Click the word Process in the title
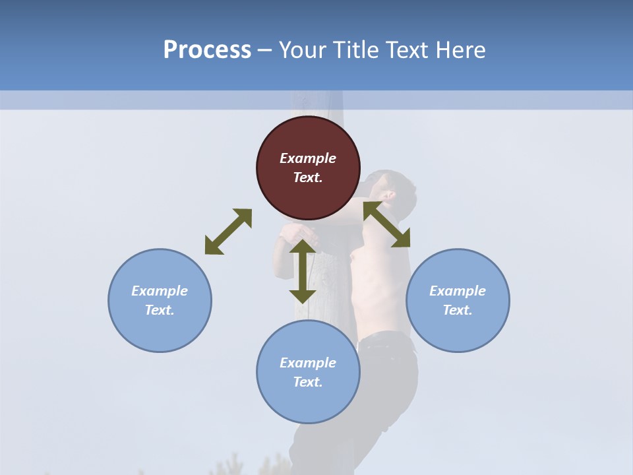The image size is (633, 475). tap(207, 50)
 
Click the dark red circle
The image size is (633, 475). tap(308, 168)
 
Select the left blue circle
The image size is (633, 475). tap(160, 300)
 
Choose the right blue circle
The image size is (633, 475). tap(458, 300)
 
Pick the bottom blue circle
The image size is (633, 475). tap(308, 372)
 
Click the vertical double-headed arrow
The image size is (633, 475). tap(303, 271)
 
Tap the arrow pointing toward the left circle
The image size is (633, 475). tap(228, 232)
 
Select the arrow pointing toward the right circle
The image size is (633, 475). tap(387, 224)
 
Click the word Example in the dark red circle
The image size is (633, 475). tap(308, 158)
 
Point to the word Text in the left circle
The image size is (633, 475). tap(159, 310)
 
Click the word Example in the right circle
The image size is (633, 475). tap(458, 291)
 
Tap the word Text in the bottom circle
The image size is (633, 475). tap(307, 382)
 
